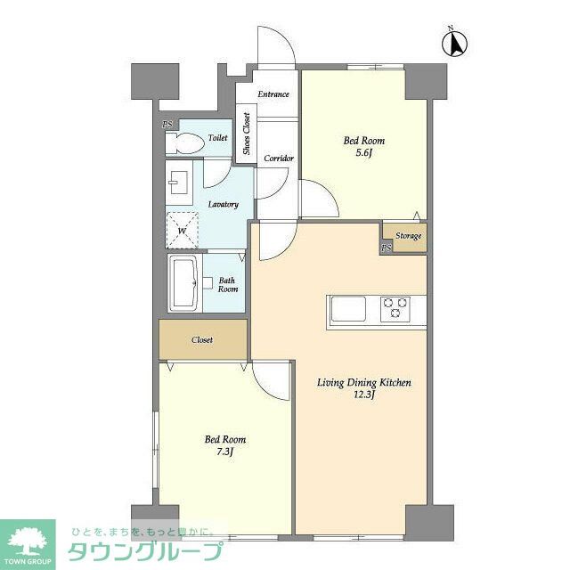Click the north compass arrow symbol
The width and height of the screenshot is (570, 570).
(454, 44)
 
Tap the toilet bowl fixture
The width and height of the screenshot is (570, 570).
(184, 142)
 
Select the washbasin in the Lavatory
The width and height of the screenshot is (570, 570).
(179, 183)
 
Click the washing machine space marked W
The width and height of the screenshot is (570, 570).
(182, 230)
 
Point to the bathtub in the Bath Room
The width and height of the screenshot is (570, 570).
(184, 283)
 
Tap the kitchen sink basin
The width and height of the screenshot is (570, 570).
(348, 309)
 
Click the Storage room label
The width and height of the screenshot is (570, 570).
(408, 236)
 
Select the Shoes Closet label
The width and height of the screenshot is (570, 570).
(247, 134)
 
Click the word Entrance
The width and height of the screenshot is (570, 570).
(273, 94)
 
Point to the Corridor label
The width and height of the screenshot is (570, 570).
(279, 159)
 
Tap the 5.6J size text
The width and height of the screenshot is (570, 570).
(364, 153)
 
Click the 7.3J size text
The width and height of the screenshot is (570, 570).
(224, 452)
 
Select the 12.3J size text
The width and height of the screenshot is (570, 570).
(364, 395)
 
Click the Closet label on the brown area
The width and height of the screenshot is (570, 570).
(202, 340)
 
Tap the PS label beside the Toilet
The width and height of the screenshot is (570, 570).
(167, 125)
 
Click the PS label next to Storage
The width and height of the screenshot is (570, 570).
(386, 248)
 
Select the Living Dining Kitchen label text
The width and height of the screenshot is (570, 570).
(364, 383)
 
